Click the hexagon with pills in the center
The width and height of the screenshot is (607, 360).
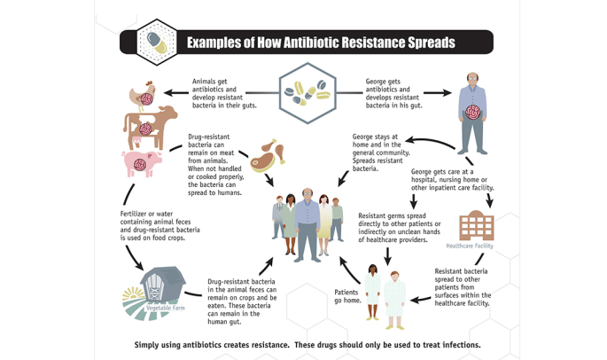click(x=306, y=91)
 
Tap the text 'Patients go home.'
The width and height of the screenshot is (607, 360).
click(x=347, y=295)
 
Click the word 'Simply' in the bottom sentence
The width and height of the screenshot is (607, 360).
click(x=151, y=344)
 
